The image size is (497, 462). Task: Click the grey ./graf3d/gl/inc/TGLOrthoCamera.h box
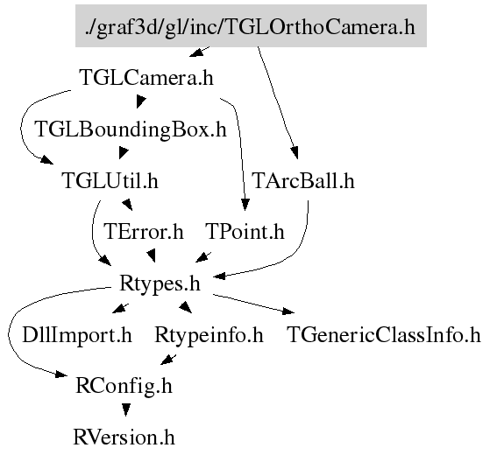251,25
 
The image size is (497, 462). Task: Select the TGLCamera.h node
146,78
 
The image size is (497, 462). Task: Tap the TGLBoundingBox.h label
131,129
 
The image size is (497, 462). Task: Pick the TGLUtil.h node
110,180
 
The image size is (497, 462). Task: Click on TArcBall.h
303,180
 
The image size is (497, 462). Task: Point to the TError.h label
144,231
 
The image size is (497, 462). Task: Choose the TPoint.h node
245,231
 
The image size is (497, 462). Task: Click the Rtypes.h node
160,283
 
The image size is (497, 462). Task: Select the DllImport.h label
77,335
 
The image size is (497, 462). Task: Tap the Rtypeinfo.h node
209,335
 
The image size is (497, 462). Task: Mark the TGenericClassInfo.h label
384,335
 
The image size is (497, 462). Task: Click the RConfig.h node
124,386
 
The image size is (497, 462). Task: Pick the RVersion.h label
124,437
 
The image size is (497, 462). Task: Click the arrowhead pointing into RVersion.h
126,410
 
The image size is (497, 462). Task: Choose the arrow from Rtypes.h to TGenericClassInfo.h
253,304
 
